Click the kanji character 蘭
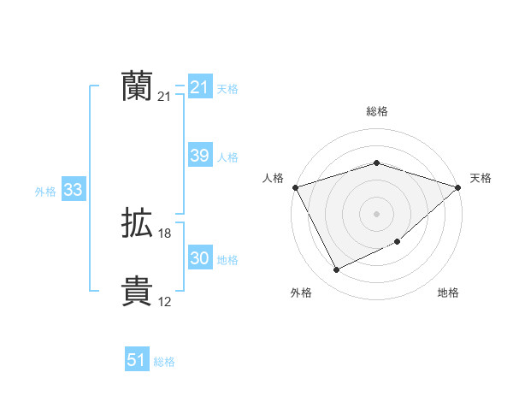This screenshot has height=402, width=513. click(x=137, y=86)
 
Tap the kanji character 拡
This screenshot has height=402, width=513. click(x=137, y=224)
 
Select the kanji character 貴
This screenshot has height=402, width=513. click(x=137, y=291)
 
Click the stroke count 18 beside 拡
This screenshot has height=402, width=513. click(x=165, y=234)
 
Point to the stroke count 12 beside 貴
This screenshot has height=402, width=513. click(x=165, y=301)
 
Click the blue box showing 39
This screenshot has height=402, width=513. click(x=200, y=156)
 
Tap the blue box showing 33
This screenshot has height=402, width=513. click(x=73, y=191)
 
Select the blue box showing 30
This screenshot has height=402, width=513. click(x=200, y=259)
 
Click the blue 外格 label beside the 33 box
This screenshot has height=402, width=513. click(x=45, y=192)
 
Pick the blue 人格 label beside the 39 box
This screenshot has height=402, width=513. click(x=227, y=157)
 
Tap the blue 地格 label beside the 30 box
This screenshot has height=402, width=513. click(x=227, y=260)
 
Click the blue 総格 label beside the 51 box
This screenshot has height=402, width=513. click(x=164, y=362)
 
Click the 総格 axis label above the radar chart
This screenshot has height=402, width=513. click(x=377, y=111)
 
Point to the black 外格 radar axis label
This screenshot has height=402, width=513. click(x=301, y=293)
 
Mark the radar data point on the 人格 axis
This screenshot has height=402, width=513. click(x=295, y=186)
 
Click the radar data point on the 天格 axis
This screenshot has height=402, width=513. click(x=458, y=186)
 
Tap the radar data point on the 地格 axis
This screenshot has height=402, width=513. click(x=398, y=242)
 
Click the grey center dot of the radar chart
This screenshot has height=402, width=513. click(x=377, y=213)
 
